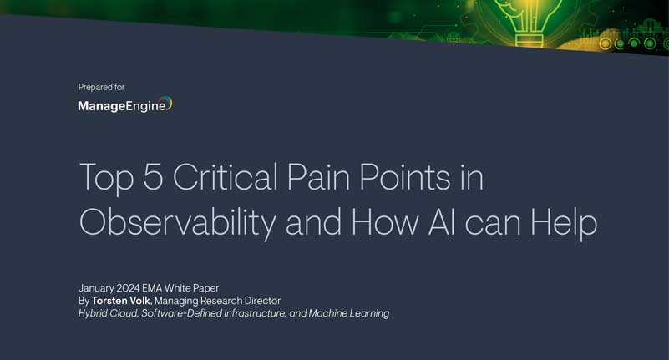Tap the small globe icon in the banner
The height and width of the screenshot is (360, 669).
coord(454,38)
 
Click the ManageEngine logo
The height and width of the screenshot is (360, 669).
coord(124,105)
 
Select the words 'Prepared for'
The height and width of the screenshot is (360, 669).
coord(101,87)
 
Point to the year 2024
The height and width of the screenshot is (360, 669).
coord(139,288)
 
